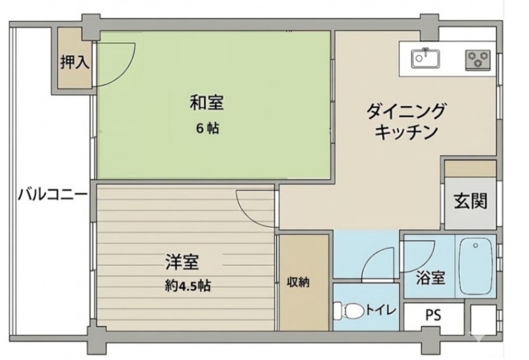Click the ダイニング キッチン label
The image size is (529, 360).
tap(406, 120)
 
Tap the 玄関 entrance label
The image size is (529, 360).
tap(470, 201)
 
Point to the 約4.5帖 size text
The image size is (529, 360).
tap(188, 286)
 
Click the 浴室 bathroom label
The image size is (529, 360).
tap(430, 278)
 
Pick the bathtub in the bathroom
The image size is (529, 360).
tap(476, 267)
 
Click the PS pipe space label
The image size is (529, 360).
tap(432, 315)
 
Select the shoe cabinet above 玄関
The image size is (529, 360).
tap(470, 168)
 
